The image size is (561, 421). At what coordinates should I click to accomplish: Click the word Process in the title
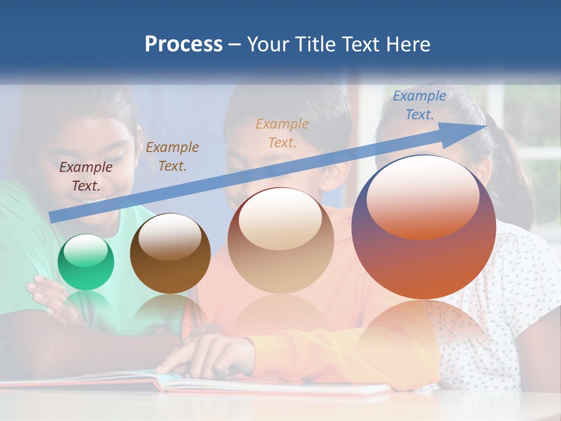pos(183,44)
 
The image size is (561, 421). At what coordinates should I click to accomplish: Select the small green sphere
pos(86,262)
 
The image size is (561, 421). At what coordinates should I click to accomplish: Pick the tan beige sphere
pos(280,240)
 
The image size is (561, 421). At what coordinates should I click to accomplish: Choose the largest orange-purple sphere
pos(424,227)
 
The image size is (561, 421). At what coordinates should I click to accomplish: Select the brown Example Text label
pos(172,157)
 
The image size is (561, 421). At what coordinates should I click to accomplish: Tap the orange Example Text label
pos(282,133)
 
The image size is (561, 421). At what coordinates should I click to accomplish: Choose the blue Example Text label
pos(419,105)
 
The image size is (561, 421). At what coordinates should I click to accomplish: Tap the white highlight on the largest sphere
pos(423,196)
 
